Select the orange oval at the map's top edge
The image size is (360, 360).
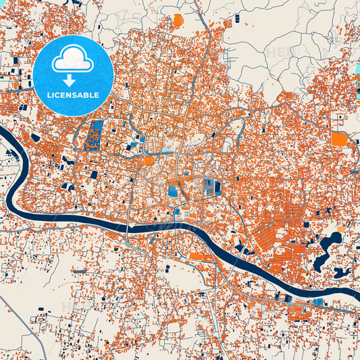(178, 20)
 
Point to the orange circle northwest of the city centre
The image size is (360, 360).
(149, 160)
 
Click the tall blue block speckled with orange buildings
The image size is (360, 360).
(96, 134)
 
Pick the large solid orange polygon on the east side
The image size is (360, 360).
(339, 139)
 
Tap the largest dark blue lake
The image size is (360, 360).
(330, 242)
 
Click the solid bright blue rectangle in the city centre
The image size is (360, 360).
(174, 191)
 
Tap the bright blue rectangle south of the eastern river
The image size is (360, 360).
(318, 301)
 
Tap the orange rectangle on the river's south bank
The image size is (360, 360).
(199, 256)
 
